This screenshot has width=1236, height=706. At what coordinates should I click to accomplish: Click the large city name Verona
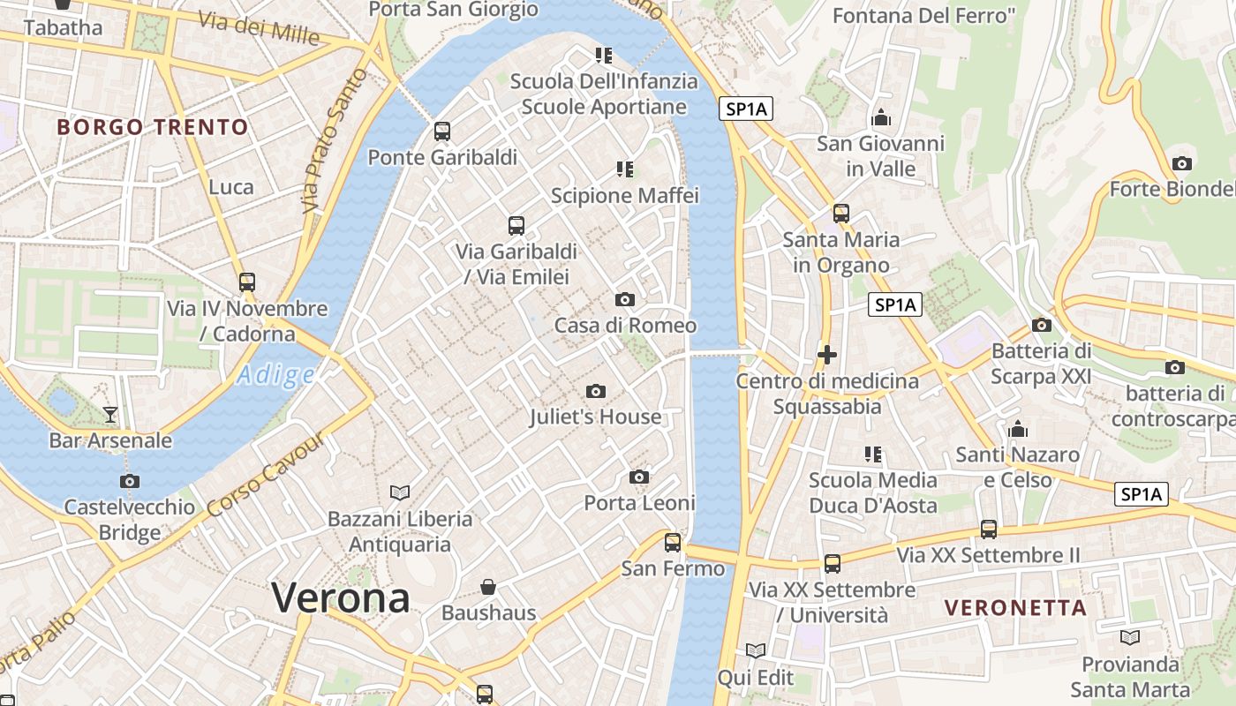(x=341, y=598)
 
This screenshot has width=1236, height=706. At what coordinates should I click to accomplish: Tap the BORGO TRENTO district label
(x=153, y=127)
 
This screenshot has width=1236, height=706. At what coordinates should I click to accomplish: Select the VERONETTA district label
(x=1015, y=607)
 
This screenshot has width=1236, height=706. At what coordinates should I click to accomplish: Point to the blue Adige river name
(x=275, y=375)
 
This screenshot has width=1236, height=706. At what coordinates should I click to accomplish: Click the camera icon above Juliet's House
(x=596, y=391)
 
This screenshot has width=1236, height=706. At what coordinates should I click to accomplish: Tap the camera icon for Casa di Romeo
(x=625, y=299)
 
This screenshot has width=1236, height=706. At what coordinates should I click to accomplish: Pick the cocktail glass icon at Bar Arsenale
(x=110, y=413)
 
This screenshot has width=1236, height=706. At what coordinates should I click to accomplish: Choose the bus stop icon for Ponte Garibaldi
(x=442, y=131)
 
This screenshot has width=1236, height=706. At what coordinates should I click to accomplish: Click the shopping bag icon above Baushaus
(x=488, y=586)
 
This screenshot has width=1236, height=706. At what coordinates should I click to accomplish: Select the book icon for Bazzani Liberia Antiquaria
(x=400, y=492)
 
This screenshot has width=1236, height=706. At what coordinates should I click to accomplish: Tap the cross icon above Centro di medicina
(x=827, y=355)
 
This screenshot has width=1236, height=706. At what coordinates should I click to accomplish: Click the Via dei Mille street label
(x=258, y=28)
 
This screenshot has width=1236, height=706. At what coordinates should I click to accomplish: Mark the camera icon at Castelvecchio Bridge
(x=130, y=481)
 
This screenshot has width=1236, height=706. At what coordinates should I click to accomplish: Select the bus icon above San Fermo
(x=673, y=542)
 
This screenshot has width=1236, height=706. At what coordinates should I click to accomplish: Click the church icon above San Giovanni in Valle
(x=880, y=117)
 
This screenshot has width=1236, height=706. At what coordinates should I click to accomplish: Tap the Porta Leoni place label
(x=640, y=503)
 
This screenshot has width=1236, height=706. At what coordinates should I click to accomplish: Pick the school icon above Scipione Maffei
(x=625, y=169)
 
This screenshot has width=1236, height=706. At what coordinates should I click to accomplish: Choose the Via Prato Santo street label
(x=333, y=141)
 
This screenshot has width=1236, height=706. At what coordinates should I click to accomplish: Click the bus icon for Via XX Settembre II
(x=989, y=529)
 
